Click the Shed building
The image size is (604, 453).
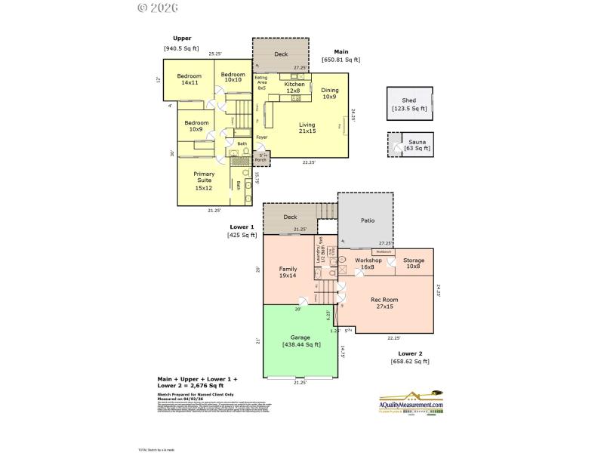[410, 104]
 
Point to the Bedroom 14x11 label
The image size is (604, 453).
[190, 79]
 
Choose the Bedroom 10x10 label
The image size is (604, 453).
[233, 77]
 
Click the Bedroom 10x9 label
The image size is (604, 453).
[196, 126]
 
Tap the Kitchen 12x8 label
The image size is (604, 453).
[294, 88]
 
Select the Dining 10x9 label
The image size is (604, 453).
[329, 93]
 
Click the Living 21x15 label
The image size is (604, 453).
[307, 128]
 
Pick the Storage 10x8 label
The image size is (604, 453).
[413, 263]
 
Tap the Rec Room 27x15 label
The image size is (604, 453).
[384, 303]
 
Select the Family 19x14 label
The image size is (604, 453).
[288, 272]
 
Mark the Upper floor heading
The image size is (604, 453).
[181, 38]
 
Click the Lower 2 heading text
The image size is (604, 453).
[411, 353]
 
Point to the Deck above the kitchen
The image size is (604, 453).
[281, 54]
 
